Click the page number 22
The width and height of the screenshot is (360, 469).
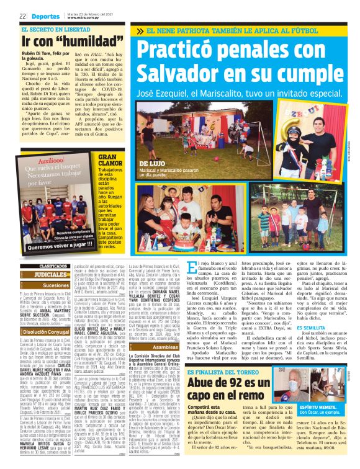[22, 17]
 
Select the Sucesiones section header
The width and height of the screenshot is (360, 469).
[56, 286]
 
